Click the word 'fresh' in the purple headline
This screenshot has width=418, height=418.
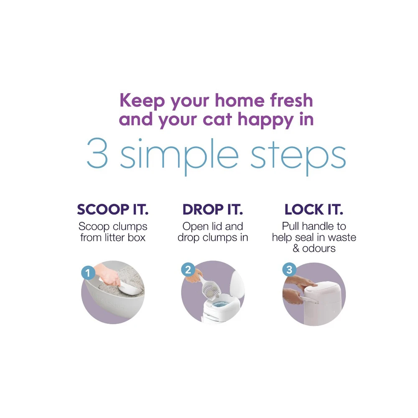point(291,100)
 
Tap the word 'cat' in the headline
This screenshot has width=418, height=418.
point(217,120)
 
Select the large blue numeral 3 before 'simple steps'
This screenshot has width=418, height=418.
point(97,153)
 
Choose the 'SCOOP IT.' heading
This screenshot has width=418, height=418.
point(113,209)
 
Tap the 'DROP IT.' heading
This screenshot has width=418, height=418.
point(213,209)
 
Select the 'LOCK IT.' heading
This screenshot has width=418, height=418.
point(314,209)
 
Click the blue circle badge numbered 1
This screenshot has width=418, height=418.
point(88,273)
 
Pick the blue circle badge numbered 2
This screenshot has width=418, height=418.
point(188,270)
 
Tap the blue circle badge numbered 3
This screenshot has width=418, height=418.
point(289,270)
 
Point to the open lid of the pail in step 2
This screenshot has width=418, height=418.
point(237,284)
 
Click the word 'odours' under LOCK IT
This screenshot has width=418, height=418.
point(319,248)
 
